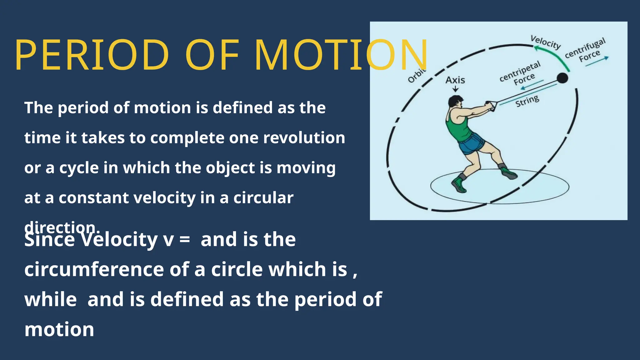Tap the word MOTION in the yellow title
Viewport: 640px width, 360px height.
point(341,55)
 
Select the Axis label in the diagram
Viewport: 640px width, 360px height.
point(455,80)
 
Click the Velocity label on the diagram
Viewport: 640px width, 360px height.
point(546,42)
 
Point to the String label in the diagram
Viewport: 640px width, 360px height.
point(527,101)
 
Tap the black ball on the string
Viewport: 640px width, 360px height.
point(562,78)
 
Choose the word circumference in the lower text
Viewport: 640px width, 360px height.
point(94,269)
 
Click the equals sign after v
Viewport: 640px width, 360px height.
point(184,240)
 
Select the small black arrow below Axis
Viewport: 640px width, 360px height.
point(456,89)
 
